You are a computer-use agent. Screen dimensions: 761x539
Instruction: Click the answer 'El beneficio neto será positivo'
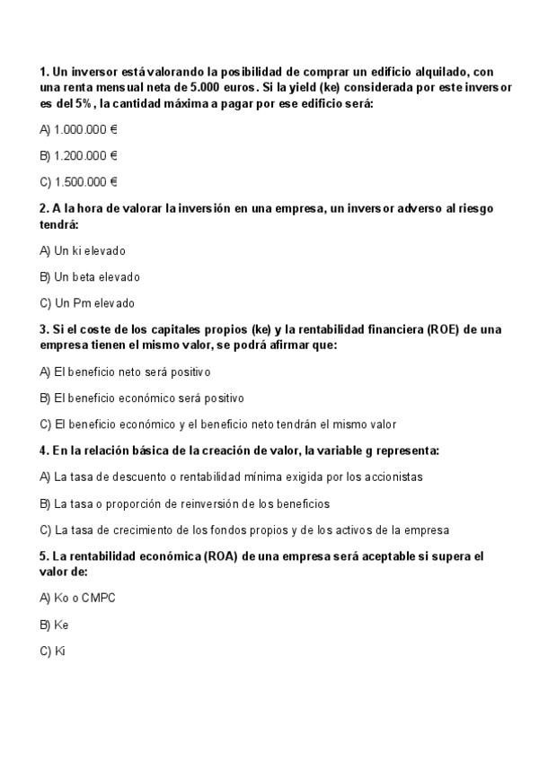pyautogui.click(x=125, y=372)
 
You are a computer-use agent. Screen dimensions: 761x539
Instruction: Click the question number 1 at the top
pyautogui.click(x=43, y=71)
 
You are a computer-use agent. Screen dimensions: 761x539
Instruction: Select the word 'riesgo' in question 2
pyautogui.click(x=475, y=208)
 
